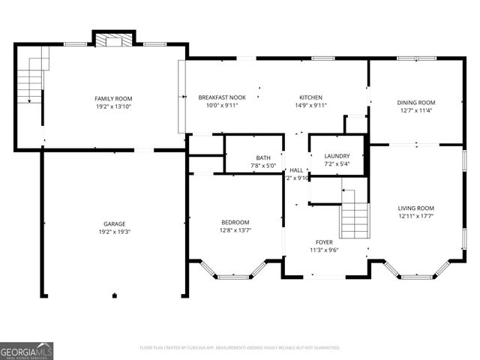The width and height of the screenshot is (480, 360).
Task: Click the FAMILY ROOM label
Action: pos(113,98)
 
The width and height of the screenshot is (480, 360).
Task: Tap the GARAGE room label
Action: pos(114,223)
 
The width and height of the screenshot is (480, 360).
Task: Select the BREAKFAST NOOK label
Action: pos(222,97)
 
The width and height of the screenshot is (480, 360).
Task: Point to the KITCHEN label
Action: pos(310,97)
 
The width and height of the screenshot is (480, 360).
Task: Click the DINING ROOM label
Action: pos(416,102)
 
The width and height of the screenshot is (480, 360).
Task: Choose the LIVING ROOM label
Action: pos(415,208)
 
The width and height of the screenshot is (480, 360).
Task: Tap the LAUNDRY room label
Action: pos(337,156)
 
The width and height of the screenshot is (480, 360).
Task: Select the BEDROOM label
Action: pos(235,222)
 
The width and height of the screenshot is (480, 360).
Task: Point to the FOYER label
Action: pos(324,242)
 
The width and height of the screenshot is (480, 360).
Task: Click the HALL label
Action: pos(297,170)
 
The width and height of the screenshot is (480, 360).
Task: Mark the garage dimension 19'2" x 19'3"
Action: pos(114,232)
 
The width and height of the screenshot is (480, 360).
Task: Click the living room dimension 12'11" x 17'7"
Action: pos(415,216)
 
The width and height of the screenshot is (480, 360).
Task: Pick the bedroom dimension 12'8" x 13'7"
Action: pos(235,230)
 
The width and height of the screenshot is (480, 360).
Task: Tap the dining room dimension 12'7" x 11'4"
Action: pos(416,110)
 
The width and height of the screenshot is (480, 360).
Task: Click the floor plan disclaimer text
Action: pos(240,348)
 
